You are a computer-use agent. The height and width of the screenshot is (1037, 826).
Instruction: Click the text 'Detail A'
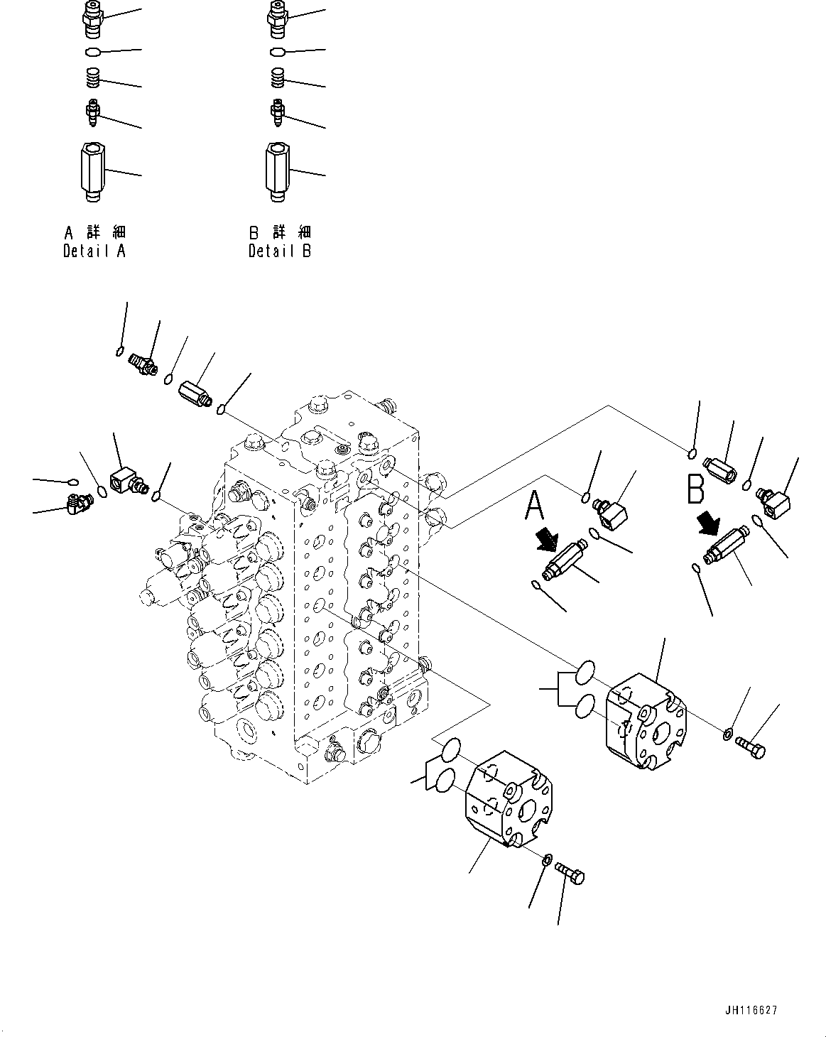pyautogui.click(x=94, y=251)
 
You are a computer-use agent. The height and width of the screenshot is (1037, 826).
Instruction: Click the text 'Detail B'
pyautogui.click(x=279, y=251)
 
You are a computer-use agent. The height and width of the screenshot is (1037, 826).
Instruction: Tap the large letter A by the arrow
pyautogui.click(x=536, y=507)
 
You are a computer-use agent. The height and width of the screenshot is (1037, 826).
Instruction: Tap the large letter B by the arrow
pyautogui.click(x=695, y=489)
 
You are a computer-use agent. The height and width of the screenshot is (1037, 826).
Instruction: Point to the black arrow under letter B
pyautogui.click(x=707, y=525)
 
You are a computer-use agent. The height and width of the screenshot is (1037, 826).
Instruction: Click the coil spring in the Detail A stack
pyautogui.click(x=92, y=77)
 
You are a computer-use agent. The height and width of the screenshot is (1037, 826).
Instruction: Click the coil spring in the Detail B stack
pyautogui.click(x=278, y=77)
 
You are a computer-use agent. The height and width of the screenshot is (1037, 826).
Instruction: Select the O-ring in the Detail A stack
pyautogui.click(x=92, y=52)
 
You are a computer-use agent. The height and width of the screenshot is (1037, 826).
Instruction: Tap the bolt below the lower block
pyautogui.click(x=570, y=873)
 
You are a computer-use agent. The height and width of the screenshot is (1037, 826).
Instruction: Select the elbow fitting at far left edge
pyautogui.click(x=77, y=504)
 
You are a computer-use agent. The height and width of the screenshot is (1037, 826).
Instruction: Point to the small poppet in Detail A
pyautogui.click(x=92, y=111)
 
